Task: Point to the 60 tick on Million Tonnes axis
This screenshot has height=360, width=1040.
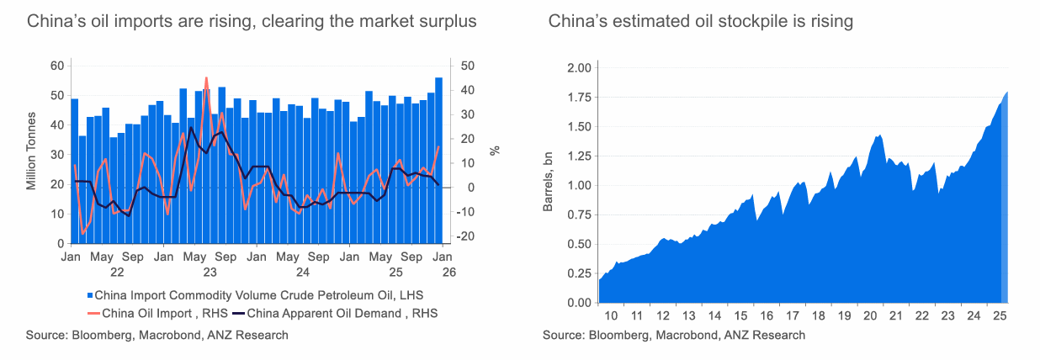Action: pos(57,66)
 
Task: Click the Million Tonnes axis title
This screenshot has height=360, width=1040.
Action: pos(31,151)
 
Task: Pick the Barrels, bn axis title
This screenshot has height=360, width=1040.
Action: pos(548,183)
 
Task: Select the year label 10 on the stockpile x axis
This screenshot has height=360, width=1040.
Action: pos(612,315)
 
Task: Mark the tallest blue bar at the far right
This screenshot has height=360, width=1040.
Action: pos(438,160)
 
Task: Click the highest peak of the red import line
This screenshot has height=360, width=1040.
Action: pos(206,78)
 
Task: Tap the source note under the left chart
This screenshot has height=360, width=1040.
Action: pos(157,335)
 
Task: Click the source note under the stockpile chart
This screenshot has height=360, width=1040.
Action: pos(674,335)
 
